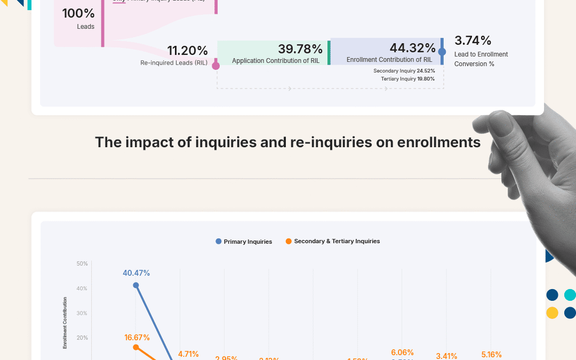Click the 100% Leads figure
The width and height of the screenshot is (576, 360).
[x=78, y=13]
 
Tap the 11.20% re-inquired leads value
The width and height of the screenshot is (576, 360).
[x=187, y=51]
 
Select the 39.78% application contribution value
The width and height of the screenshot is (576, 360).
[x=300, y=49]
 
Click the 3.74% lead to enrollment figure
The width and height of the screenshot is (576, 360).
[x=473, y=41]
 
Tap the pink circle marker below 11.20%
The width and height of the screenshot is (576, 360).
[x=216, y=66]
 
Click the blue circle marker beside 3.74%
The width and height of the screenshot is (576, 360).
[x=442, y=52]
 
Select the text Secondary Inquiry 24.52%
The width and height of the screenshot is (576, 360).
[x=404, y=71]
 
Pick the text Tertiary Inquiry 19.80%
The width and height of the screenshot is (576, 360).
[x=407, y=79]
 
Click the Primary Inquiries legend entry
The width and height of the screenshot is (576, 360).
[x=244, y=242]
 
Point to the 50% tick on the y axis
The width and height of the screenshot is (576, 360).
[x=82, y=263]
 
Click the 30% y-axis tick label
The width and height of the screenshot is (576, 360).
[x=82, y=313]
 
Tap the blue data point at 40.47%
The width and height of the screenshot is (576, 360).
[x=136, y=285]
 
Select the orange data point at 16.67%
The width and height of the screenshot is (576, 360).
[x=136, y=347]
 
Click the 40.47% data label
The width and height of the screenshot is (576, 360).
[x=136, y=273]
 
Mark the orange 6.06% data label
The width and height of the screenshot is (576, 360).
[x=402, y=353]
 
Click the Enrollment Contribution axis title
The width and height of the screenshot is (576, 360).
[x=65, y=323]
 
